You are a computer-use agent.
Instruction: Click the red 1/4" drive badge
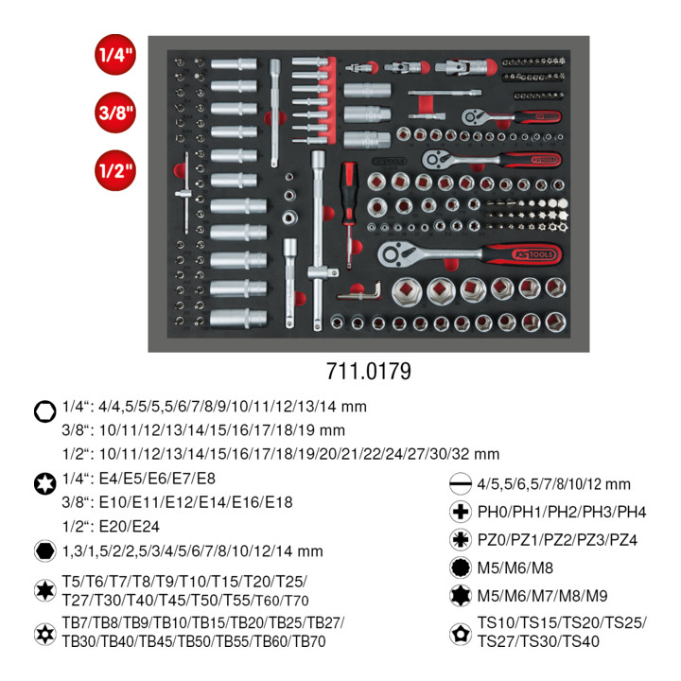[115, 54]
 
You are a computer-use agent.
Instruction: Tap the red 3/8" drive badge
[115, 113]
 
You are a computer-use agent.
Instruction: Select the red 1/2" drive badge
[115, 170]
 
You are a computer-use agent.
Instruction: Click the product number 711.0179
[368, 372]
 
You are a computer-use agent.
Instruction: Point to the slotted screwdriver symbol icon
[461, 484]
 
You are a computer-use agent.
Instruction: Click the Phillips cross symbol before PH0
[461, 512]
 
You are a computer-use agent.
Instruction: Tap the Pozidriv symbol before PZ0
[461, 539]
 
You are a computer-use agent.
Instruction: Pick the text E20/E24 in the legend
[130, 527]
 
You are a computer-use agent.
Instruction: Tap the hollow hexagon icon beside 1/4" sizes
[44, 410]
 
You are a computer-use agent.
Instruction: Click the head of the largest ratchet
[397, 253]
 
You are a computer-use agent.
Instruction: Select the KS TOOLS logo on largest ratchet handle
[533, 254]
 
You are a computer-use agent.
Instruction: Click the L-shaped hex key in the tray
[360, 292]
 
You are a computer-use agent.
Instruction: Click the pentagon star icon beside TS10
[461, 634]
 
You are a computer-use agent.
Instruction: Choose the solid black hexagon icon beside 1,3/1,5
[44, 550]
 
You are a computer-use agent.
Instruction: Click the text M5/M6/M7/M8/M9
[543, 596]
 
